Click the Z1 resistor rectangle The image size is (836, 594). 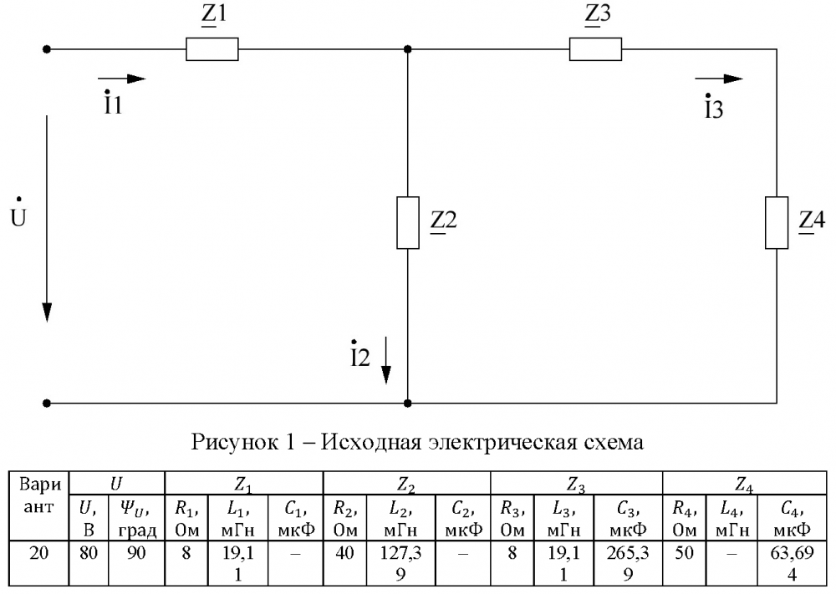pyautogui.click(x=212, y=49)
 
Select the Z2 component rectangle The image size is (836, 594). pyautogui.click(x=407, y=223)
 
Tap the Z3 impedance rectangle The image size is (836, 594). pyautogui.click(x=595, y=49)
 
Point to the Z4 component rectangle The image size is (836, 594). pyautogui.click(x=777, y=223)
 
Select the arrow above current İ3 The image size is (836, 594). pyautogui.click(x=721, y=79)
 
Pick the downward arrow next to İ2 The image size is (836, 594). pyautogui.click(x=386, y=359)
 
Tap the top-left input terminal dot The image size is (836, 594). pyautogui.click(x=48, y=49)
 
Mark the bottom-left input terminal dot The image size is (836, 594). pyautogui.click(x=48, y=403)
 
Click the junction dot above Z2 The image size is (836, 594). pyautogui.click(x=407, y=49)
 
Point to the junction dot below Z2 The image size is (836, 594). pyautogui.click(x=407, y=403)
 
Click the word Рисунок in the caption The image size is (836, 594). pyautogui.click(x=228, y=441)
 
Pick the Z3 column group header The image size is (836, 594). pyautogui.click(x=576, y=482)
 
